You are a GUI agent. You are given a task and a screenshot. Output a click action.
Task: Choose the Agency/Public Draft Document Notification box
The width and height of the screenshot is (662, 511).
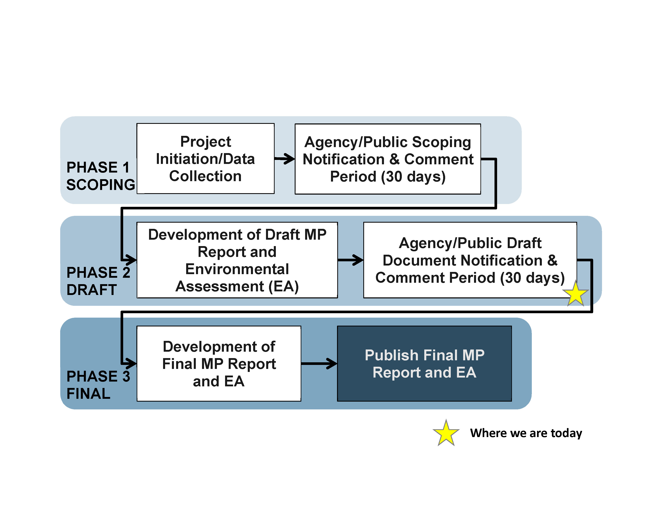pyautogui.click(x=470, y=260)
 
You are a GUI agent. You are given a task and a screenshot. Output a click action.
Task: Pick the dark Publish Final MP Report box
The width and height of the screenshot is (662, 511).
pyautogui.click(x=424, y=363)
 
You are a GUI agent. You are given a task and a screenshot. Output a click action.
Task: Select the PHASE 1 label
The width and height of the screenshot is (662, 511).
pyautogui.click(x=98, y=167)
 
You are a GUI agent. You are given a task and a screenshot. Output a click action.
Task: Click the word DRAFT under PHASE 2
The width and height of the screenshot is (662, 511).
pyautogui.click(x=91, y=290)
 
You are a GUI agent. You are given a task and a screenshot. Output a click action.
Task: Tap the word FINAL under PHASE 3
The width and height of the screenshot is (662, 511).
pyautogui.click(x=88, y=394)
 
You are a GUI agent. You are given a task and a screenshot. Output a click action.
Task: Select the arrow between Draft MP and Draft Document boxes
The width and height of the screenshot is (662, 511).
pyautogui.click(x=350, y=260)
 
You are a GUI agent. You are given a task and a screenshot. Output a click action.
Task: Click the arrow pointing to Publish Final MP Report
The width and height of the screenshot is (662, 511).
pyautogui.click(x=319, y=364)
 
